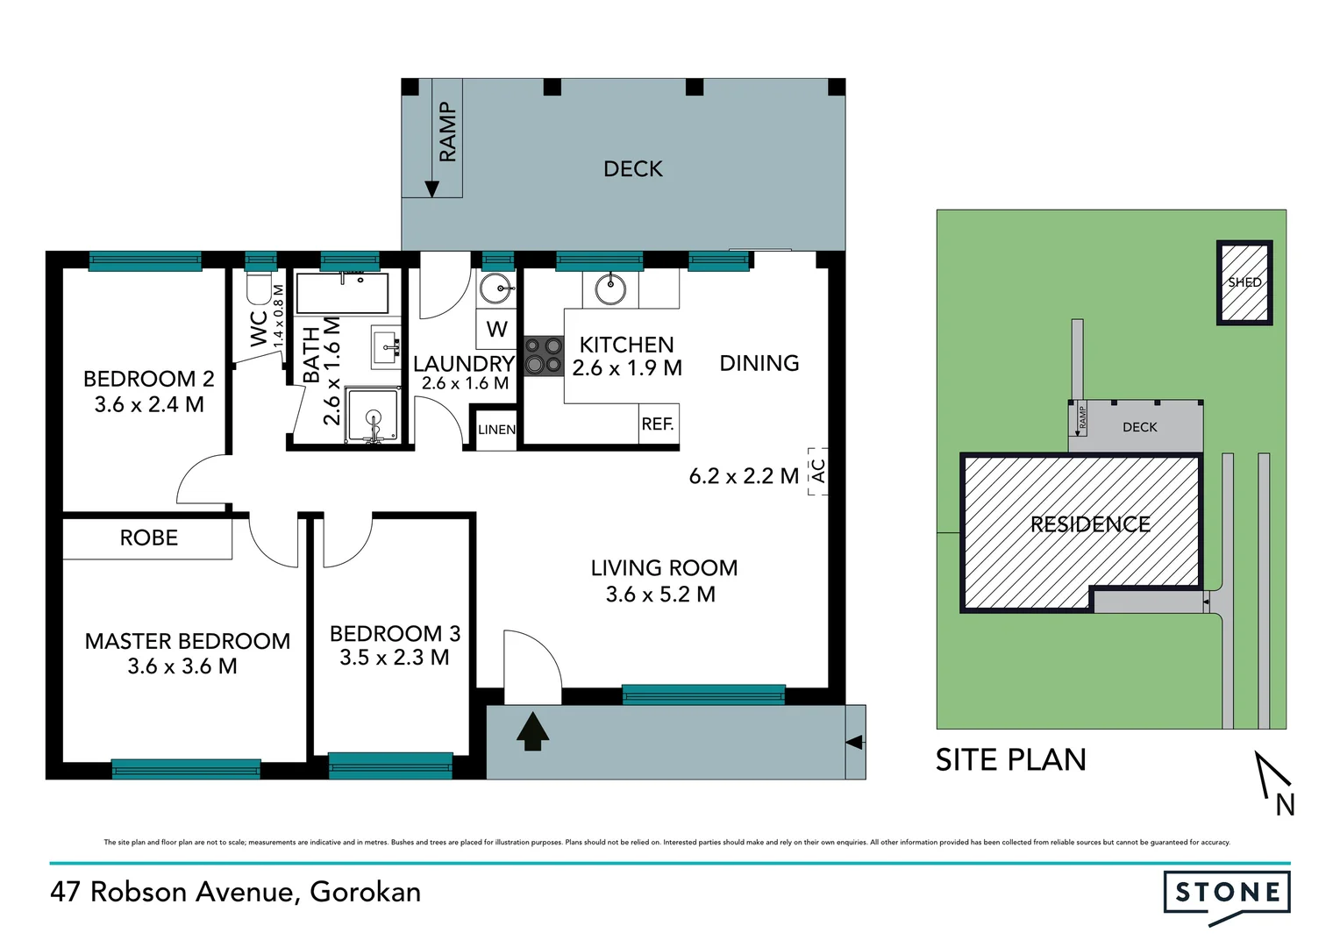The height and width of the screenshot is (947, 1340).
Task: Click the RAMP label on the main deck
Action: (448, 132)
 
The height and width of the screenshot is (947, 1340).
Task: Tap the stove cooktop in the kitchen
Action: (543, 357)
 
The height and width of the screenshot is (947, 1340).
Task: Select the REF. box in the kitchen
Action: (658, 424)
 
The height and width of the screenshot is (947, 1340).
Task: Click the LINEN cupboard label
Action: (496, 430)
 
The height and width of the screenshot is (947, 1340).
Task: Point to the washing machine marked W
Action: (496, 330)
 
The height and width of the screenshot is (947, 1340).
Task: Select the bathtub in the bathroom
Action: (342, 293)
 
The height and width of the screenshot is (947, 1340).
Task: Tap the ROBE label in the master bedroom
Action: (148, 538)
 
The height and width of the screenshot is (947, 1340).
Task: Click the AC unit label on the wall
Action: (818, 472)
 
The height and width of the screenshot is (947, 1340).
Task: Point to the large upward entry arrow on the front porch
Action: (532, 732)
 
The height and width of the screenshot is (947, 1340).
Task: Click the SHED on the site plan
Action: (1244, 282)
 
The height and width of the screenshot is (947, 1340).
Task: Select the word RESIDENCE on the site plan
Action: (1089, 524)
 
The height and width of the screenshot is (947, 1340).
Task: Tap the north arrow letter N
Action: (1285, 805)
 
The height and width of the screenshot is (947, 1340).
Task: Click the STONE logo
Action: (1227, 894)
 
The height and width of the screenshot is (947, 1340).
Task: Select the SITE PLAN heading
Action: (1010, 759)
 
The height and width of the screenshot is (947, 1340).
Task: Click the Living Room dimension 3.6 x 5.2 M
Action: (660, 595)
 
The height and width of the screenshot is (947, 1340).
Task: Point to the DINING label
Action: (759, 363)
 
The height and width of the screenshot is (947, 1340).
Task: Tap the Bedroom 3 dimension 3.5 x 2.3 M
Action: (395, 658)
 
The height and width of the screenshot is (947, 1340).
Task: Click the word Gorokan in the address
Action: (366, 892)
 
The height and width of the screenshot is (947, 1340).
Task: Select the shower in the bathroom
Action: (374, 416)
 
